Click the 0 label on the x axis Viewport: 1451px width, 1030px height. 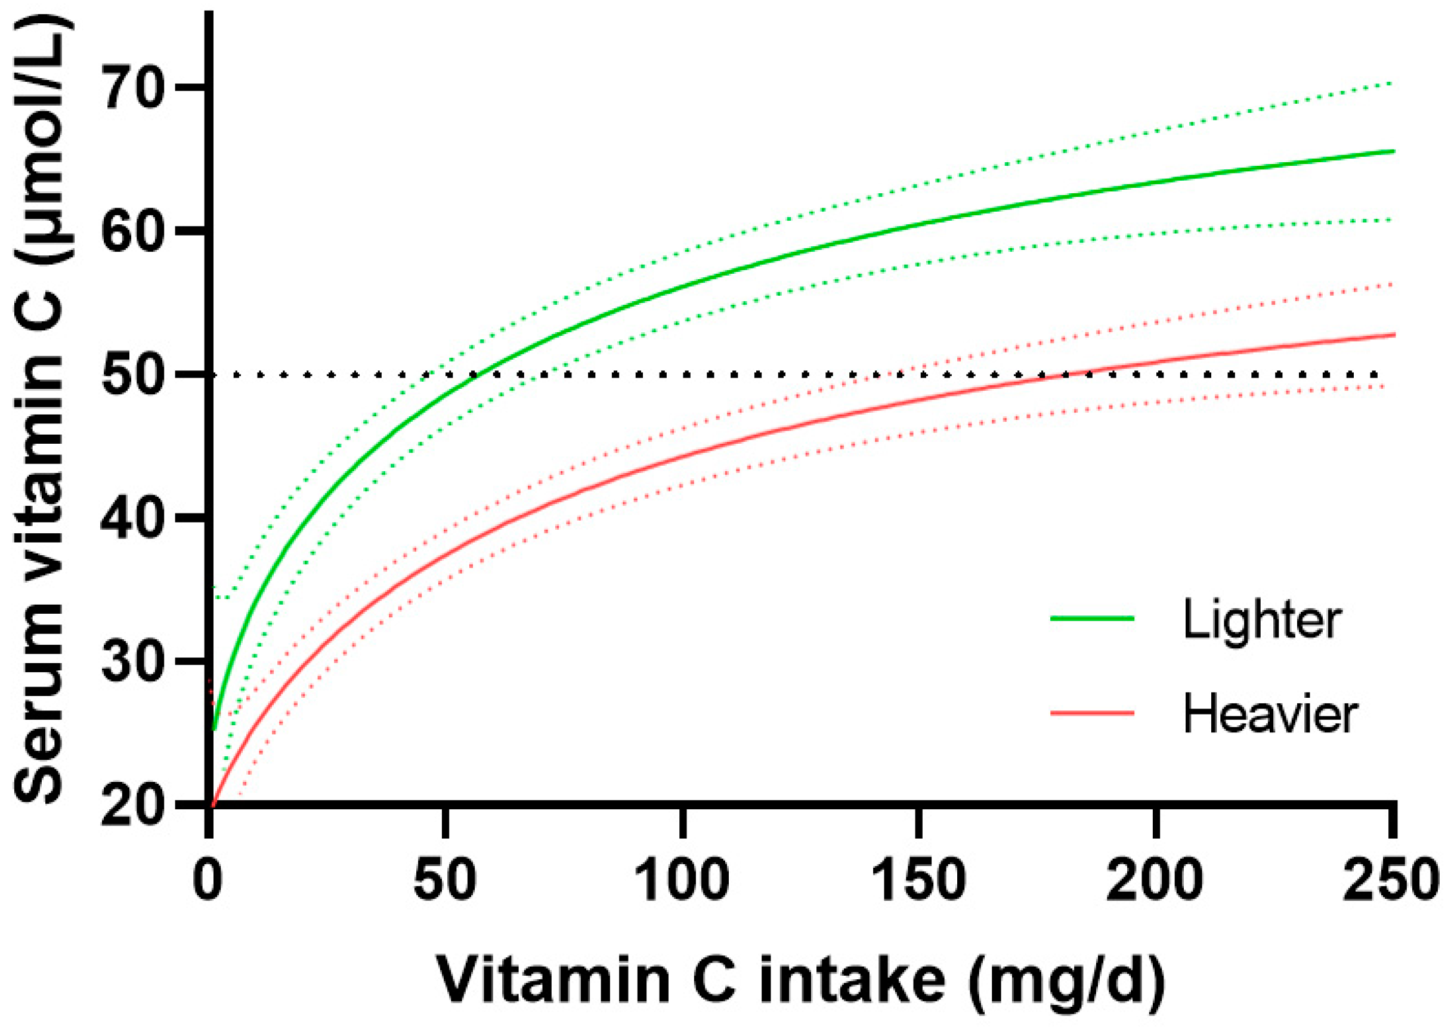pyautogui.click(x=208, y=880)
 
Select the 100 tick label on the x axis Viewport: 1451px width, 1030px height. pyautogui.click(x=682, y=880)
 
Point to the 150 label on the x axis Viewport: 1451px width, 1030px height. pyautogui.click(x=919, y=880)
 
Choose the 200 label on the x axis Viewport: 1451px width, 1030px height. pyautogui.click(x=1155, y=880)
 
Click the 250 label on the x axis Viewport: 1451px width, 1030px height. pyautogui.click(x=1391, y=880)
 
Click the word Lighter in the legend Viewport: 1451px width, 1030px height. pyautogui.click(x=1261, y=620)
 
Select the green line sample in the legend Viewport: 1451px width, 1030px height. pyautogui.click(x=1092, y=618)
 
